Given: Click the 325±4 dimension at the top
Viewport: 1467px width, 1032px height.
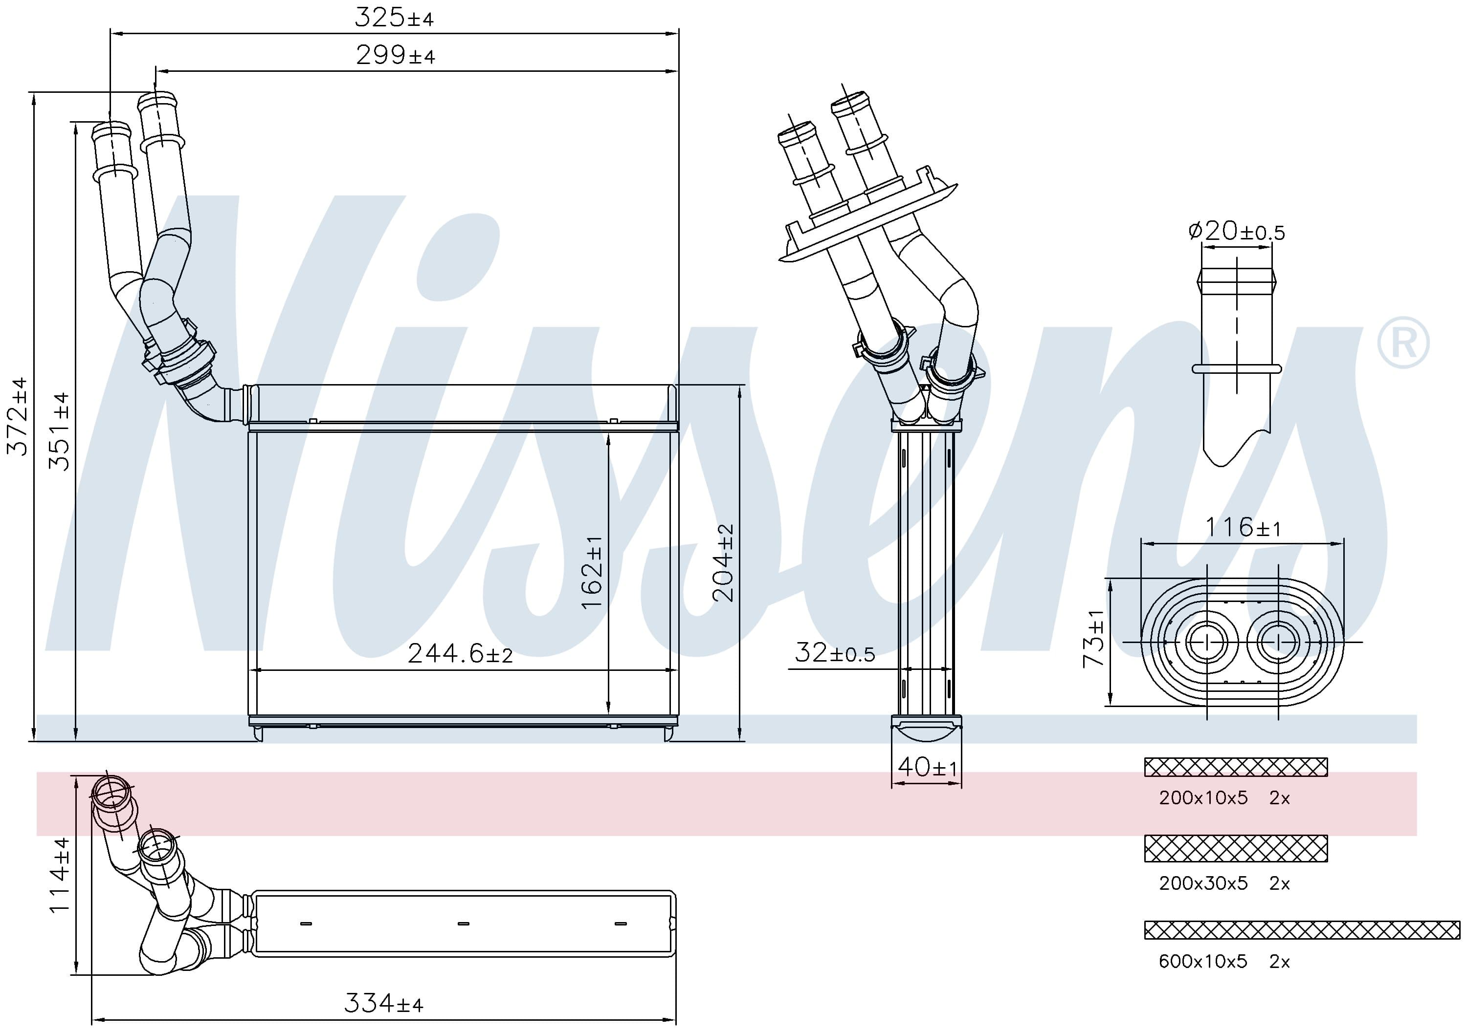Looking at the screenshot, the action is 394,17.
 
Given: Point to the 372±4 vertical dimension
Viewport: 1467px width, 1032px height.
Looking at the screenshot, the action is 18,416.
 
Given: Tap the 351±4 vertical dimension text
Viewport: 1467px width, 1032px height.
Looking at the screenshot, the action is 60,431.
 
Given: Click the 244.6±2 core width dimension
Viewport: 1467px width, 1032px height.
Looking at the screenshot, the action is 460,653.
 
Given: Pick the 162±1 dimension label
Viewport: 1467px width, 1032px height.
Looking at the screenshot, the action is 592,572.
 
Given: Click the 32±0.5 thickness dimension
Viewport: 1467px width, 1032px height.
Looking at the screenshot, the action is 834,653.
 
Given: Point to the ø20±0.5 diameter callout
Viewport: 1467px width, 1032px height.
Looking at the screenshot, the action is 1236,231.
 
